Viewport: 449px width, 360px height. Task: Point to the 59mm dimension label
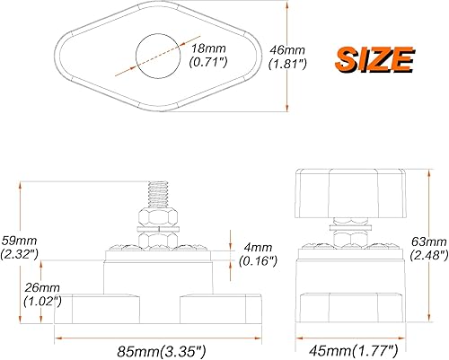pos(19,241)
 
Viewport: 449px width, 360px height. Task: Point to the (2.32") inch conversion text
pos(20,255)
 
